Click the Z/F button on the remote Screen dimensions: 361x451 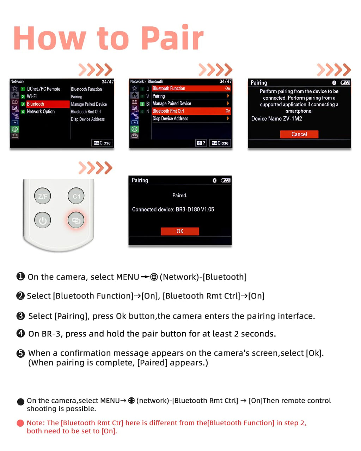pos(43,196)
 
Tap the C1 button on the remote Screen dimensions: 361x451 pos(76,196)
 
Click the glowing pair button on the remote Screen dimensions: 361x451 pos(76,220)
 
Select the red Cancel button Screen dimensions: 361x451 pos(299,134)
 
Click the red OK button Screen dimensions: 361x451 pos(180,231)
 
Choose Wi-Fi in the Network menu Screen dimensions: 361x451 pos(32,97)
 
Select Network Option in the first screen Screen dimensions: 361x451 pos(41,111)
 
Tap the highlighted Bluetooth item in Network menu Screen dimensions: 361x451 pos(48,104)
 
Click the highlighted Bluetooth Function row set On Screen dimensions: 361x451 pos(191,88)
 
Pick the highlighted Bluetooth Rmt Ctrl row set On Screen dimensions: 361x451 pos(191,111)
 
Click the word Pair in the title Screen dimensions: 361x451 pos(172,38)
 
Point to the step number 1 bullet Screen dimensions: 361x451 pos(20,276)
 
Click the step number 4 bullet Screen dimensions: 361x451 pos(20,333)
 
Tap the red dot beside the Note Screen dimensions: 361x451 pos(20,423)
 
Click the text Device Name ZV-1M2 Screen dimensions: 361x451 pos(276,119)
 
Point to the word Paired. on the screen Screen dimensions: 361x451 pos(180,196)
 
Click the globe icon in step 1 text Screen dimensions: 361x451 pos(154,277)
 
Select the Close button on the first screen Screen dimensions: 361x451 pos(102,143)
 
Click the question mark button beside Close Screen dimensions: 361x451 pos(201,143)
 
